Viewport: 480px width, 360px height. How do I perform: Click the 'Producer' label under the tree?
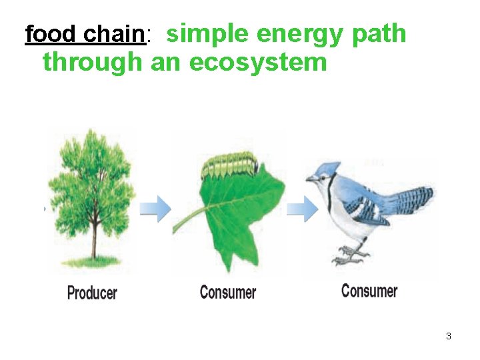click(92, 292)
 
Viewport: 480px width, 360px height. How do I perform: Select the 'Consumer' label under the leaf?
click(228, 292)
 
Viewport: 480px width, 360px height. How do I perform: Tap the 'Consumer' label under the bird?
click(369, 291)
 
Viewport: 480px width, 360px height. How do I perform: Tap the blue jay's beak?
click(311, 179)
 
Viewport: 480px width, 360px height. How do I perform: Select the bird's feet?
click(351, 254)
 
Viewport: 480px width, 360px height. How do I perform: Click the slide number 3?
click(449, 336)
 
